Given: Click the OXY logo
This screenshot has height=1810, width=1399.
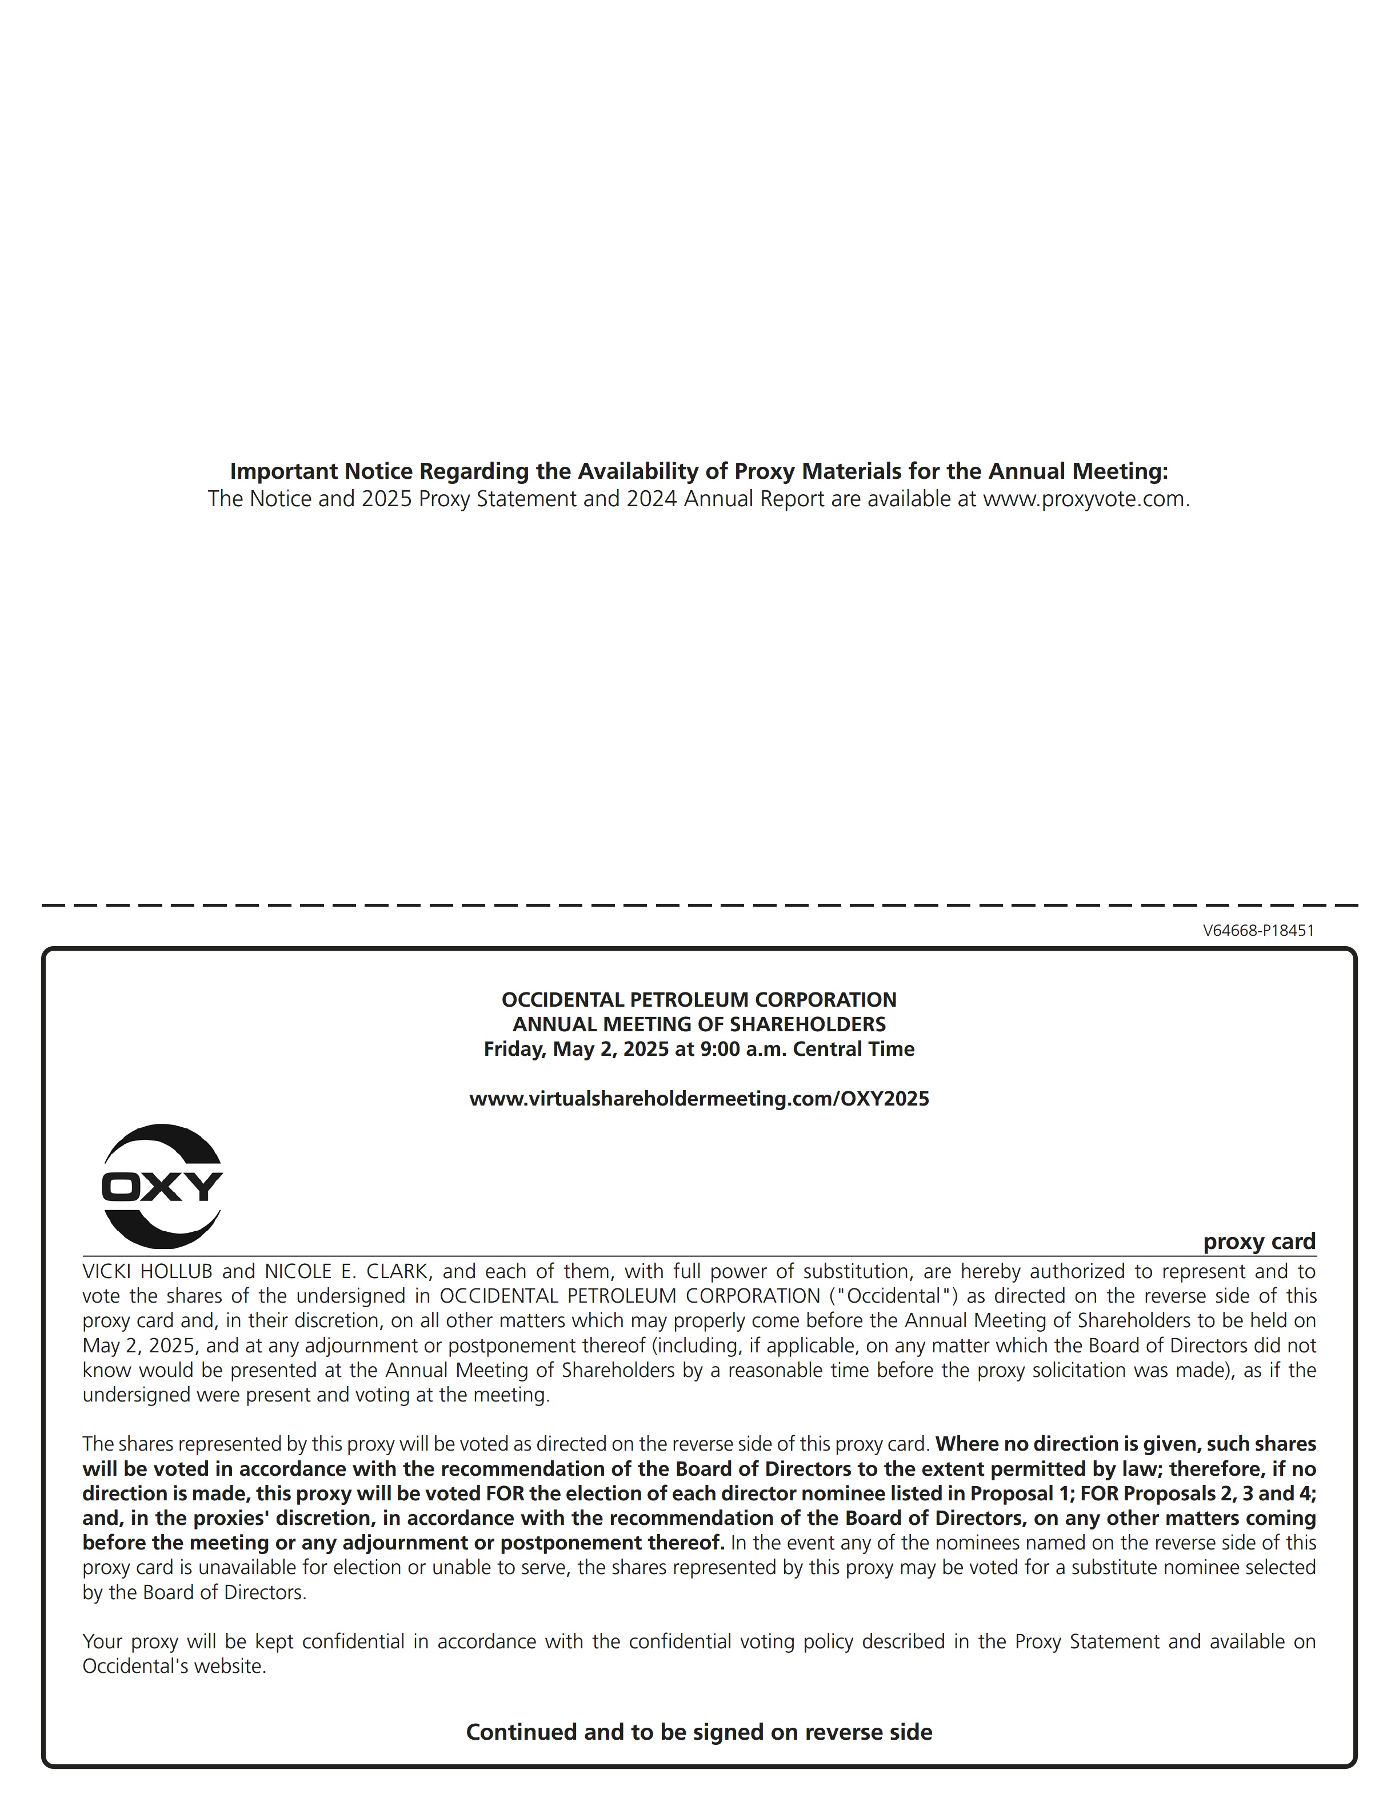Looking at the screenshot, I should (x=162, y=1186).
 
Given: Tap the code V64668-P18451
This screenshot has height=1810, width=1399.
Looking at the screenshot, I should (x=1258, y=931).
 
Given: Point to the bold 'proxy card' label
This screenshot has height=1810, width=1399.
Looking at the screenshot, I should (x=1259, y=1242).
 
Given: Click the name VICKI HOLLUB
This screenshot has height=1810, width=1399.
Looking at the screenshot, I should (x=147, y=1271).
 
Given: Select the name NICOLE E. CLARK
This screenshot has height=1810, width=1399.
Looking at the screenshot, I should (x=346, y=1271).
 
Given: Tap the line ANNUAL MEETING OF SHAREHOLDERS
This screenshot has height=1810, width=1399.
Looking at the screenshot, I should (x=699, y=1024).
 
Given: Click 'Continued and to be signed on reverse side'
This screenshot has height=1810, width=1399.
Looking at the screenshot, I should (x=699, y=1732).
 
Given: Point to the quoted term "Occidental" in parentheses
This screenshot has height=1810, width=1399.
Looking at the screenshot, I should (x=893, y=1296).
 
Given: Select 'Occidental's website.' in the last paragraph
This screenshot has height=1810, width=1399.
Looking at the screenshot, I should (x=174, y=1667).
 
